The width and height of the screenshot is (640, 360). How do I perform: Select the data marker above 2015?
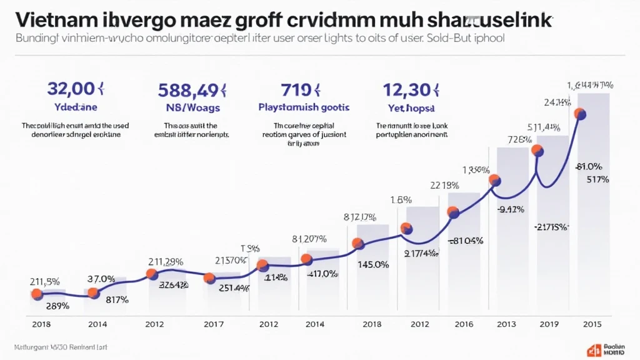pos(579,114)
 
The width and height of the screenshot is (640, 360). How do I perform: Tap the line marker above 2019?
pos(536,150)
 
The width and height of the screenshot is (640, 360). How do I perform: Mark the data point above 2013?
pos(495,180)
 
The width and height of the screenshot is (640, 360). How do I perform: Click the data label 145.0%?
pos(372,264)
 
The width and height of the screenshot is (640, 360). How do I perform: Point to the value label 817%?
pos(116,299)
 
